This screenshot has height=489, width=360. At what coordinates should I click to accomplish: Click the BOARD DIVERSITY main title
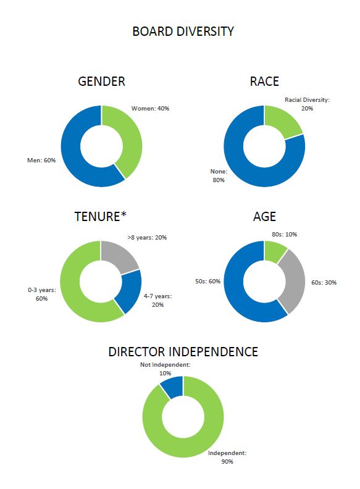pos(183,31)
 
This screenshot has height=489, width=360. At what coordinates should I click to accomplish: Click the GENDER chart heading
pos(101,82)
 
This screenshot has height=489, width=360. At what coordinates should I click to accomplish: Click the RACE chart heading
pos(264,82)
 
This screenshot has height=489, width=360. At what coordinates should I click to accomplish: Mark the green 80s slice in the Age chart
pos(275,249)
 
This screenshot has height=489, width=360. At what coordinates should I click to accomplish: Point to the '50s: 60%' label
pos(207,281)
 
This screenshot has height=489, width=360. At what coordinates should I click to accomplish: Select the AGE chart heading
pos(264,217)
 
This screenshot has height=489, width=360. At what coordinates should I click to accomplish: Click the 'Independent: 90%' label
pos(227,457)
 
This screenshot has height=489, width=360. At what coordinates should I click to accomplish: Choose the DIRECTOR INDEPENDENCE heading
pos(183,352)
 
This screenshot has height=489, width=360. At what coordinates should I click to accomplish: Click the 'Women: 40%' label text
pos(150,108)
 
